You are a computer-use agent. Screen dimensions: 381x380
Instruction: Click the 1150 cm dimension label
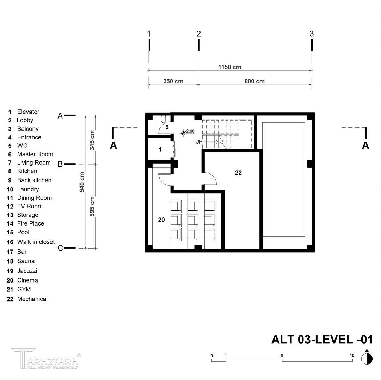pos(229,67)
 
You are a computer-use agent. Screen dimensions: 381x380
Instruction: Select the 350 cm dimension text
pos(173,81)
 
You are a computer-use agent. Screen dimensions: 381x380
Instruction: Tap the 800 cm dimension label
pos(254,81)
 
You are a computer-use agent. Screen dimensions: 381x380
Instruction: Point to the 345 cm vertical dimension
pos(92,140)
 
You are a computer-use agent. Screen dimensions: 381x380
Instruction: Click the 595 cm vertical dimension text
pos(92,207)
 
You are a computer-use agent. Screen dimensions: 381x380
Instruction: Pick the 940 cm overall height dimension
pos(82,182)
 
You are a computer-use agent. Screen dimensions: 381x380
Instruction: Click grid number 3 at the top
pos(312,34)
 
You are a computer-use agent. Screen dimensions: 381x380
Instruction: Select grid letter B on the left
pos(60,164)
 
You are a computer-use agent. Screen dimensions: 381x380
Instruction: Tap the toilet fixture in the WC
pos(164,119)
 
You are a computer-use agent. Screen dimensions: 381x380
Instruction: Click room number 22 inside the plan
pos(238,173)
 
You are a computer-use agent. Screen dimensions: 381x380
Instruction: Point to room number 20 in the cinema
pos(161,220)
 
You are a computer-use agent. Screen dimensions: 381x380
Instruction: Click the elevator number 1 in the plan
pos(160,150)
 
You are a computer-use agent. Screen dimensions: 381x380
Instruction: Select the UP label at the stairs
pos(199,142)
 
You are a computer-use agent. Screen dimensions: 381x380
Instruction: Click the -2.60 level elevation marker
pos(188,132)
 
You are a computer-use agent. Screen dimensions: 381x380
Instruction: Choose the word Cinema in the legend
pos(27,280)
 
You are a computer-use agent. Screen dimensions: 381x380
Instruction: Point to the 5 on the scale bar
pos(282,356)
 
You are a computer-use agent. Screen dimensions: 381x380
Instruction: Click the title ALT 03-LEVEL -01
pos(322,339)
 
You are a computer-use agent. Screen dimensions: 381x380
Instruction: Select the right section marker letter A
pos(365,146)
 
